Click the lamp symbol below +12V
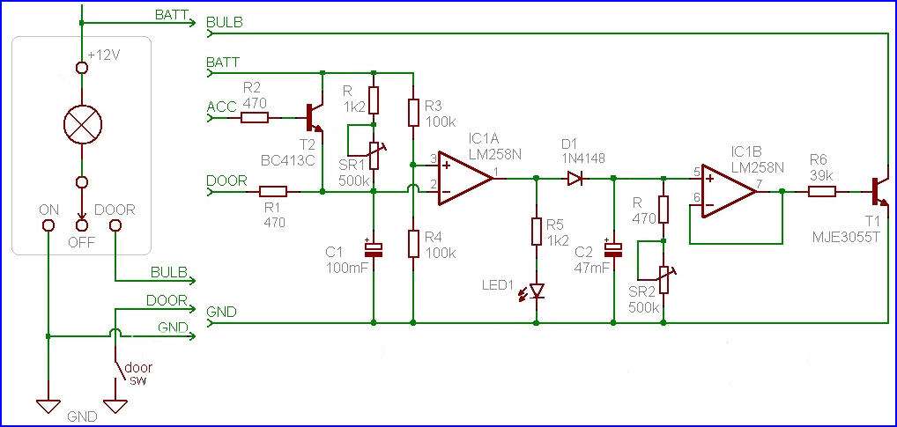[x=81, y=124]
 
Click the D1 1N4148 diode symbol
[x=575, y=179]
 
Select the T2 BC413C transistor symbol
[x=315, y=118]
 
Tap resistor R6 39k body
[x=822, y=193]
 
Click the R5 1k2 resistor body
[x=536, y=231]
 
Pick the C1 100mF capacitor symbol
[x=373, y=248]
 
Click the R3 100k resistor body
[x=412, y=112]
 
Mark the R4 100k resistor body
[x=412, y=243]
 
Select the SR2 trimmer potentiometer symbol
[x=663, y=279]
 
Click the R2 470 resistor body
[x=255, y=118]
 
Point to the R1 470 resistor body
[x=273, y=192]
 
